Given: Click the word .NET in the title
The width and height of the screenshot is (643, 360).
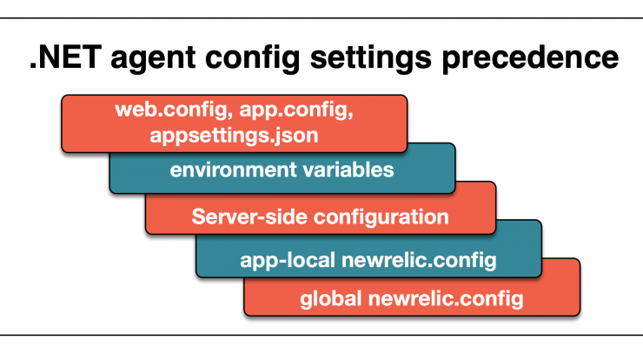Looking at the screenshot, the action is pyautogui.click(x=66, y=57).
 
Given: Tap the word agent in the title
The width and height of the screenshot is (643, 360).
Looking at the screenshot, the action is pyautogui.click(x=153, y=59).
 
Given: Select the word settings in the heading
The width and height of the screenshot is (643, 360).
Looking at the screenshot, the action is pyautogui.click(x=371, y=58).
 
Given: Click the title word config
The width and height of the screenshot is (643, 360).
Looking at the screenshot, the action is pyautogui.click(x=253, y=58).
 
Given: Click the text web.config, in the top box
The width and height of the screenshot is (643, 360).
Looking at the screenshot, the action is pyautogui.click(x=172, y=110).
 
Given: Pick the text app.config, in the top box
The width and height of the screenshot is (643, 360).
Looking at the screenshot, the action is pyautogui.click(x=296, y=110).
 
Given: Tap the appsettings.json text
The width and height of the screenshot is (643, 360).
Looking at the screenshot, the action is pyautogui.click(x=234, y=136).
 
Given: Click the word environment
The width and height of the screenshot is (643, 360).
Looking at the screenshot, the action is pyautogui.click(x=234, y=170).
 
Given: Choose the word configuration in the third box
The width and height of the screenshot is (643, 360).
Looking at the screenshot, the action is pyautogui.click(x=381, y=217).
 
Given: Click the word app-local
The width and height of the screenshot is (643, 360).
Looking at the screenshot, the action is pyautogui.click(x=288, y=260).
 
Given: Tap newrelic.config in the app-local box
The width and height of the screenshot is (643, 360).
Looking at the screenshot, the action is pyautogui.click(x=419, y=261).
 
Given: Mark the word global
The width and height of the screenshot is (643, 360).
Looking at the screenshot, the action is pyautogui.click(x=330, y=298).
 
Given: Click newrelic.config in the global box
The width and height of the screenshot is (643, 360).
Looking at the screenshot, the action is pyautogui.click(x=446, y=298).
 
